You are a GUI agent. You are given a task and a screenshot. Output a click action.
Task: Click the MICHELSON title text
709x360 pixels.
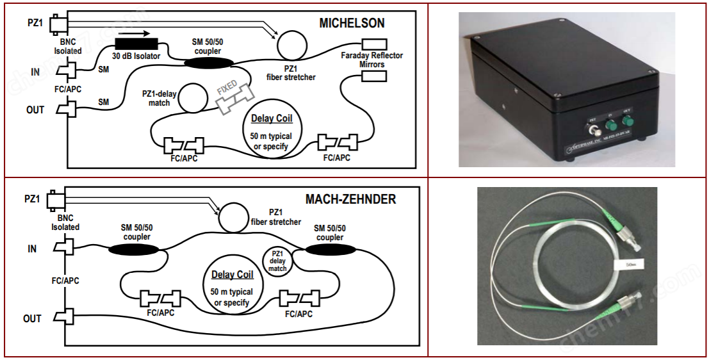[352, 23]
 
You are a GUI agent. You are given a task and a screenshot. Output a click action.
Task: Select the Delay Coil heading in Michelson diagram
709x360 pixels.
[270, 119]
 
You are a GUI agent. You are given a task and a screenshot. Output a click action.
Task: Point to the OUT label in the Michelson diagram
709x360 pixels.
[35, 110]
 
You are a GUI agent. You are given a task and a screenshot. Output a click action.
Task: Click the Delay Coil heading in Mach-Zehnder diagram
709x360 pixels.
[232, 275]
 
